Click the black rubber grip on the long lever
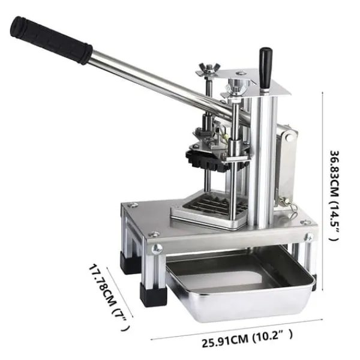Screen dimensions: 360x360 (x=51, y=40)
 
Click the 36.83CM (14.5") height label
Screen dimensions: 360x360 (x=334, y=196)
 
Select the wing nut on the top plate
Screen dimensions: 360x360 (x=208, y=69)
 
